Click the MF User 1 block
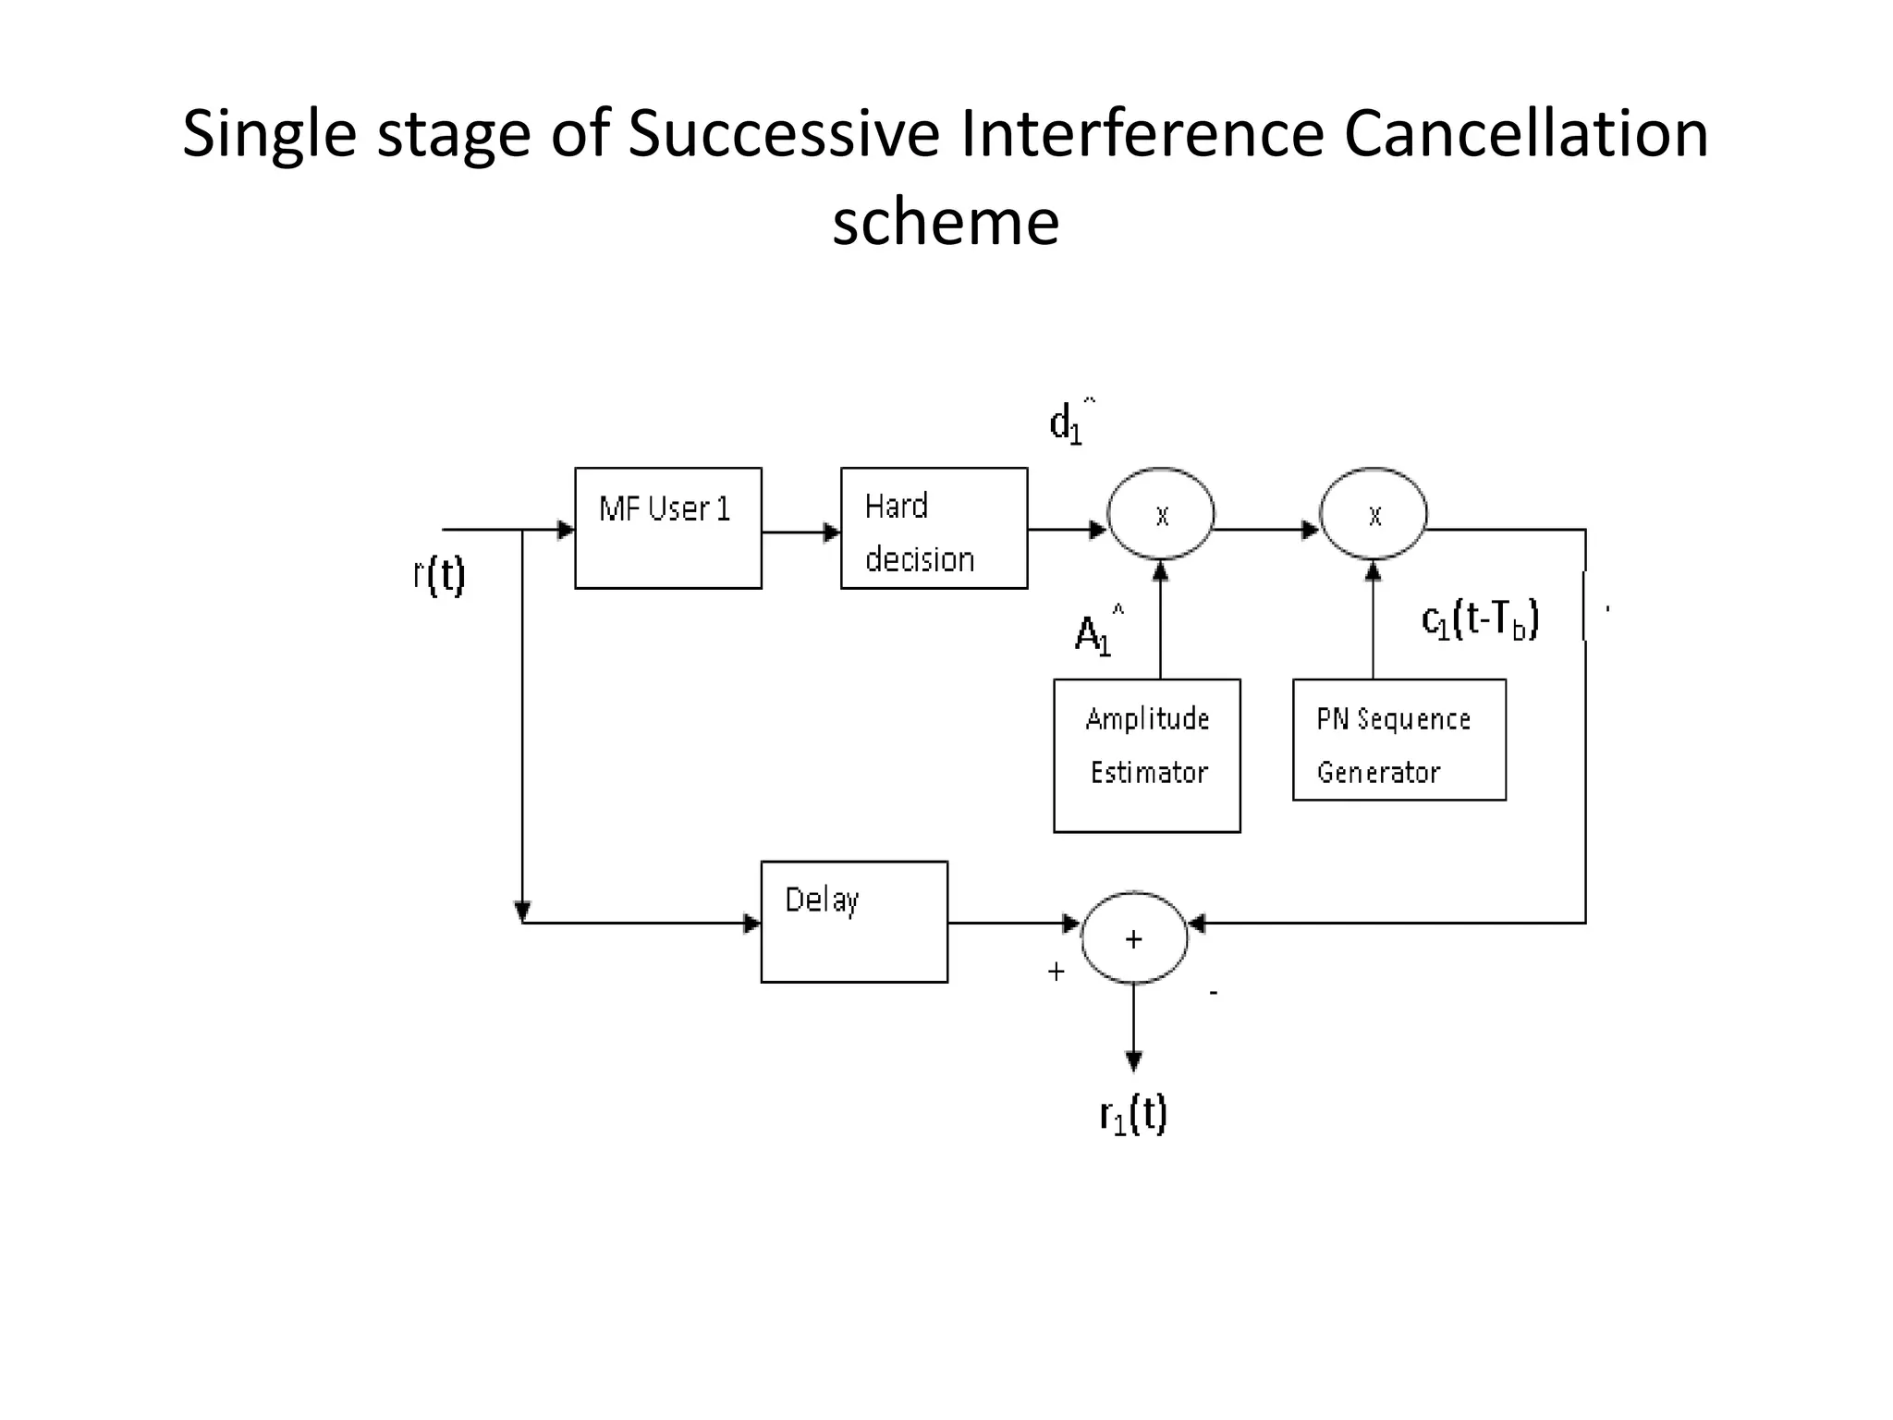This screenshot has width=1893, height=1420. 667,528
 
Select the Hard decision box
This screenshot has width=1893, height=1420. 934,528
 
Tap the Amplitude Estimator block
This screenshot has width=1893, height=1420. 1146,755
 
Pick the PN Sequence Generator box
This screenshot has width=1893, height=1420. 1398,740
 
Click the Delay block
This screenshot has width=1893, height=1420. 854,922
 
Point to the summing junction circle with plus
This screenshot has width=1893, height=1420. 1134,938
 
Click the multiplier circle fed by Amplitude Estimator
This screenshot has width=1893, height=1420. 1161,514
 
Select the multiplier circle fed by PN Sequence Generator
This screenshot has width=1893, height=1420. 1374,514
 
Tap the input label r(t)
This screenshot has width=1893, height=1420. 439,575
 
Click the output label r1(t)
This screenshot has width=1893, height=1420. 1133,1114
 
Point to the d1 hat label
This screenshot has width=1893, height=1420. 1070,422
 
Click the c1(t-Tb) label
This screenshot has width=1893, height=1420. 1479,619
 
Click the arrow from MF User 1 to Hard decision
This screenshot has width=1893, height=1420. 800,532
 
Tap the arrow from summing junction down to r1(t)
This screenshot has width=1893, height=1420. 1134,1026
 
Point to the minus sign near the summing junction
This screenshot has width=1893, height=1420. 1214,993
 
